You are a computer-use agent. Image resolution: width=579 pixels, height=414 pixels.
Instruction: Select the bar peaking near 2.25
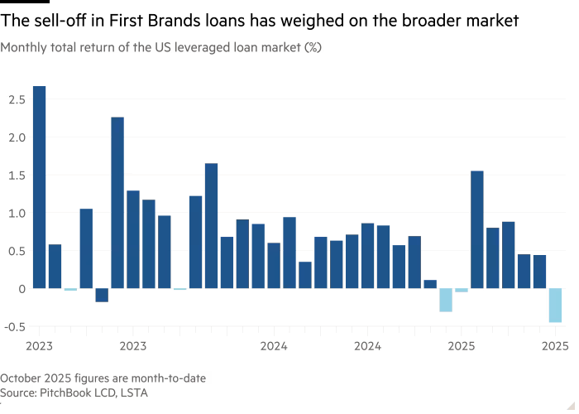[x=117, y=203]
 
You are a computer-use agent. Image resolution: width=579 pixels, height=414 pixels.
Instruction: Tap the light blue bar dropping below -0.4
[x=555, y=306]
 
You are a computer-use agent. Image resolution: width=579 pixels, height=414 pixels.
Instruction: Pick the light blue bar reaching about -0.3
[x=446, y=300]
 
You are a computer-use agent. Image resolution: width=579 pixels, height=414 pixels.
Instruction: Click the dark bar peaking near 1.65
[x=211, y=225]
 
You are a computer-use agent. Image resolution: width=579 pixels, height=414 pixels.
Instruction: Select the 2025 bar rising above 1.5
[x=477, y=229]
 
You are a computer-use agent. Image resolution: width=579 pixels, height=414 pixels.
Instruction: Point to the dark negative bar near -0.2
[x=102, y=296]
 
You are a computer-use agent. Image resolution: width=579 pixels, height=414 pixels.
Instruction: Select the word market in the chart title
[x=280, y=48]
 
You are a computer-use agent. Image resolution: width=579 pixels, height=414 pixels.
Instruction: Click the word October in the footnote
[x=21, y=378]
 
